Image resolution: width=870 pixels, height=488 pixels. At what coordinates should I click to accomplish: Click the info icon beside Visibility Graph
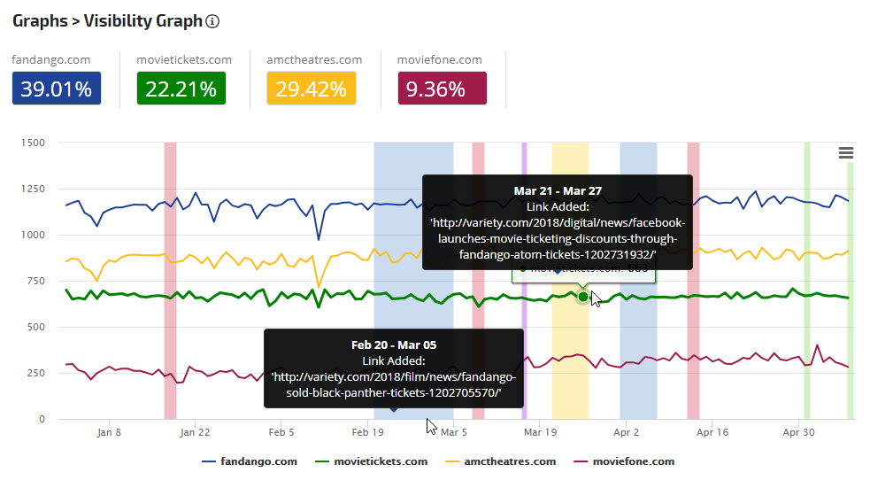tap(212, 21)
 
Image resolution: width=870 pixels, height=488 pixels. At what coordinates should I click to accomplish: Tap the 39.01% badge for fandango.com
tap(57, 89)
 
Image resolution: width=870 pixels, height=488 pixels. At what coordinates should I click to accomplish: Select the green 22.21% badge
tap(181, 89)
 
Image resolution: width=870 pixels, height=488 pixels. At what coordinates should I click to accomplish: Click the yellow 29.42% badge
tap(312, 89)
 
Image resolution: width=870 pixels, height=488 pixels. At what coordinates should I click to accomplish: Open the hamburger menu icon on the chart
tap(846, 153)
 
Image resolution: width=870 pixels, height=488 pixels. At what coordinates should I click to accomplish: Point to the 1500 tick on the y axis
tap(34, 143)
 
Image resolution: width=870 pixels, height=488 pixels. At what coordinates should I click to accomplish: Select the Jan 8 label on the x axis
tap(109, 433)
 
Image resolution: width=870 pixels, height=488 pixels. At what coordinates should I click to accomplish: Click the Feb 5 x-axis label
tap(281, 433)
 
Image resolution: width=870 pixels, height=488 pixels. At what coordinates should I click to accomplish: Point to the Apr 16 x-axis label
tap(712, 433)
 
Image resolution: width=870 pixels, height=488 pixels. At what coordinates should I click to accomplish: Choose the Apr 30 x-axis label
tap(799, 433)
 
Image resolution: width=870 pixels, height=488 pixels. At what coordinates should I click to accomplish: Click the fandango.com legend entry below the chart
tap(250, 461)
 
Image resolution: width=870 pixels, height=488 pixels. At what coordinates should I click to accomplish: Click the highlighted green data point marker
tap(582, 296)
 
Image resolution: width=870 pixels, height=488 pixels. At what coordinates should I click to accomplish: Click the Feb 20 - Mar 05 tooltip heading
tap(394, 345)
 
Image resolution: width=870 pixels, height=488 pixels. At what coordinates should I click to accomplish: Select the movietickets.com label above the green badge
tap(184, 60)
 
